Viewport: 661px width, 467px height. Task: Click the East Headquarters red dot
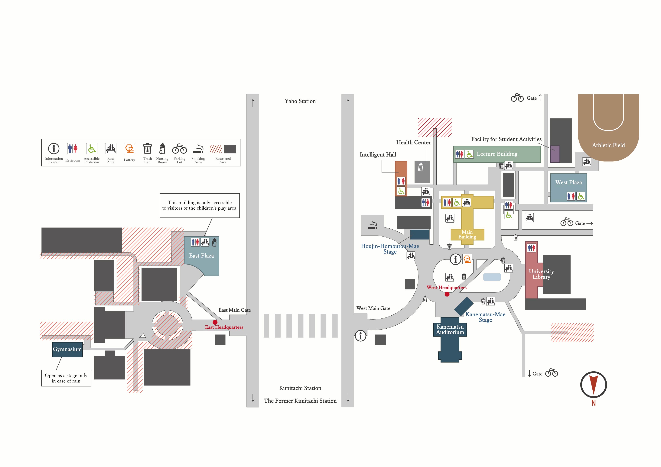tap(215, 322)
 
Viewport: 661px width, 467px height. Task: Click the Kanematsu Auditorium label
tap(450, 330)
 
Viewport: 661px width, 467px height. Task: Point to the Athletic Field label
tap(608, 145)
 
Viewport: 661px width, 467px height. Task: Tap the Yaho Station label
tap(300, 101)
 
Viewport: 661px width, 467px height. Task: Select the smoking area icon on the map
tap(373, 225)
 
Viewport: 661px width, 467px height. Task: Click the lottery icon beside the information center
tap(467, 259)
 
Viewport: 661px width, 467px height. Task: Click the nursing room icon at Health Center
tap(421, 167)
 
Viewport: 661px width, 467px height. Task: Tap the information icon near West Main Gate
tap(360, 336)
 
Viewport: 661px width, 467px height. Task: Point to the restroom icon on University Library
tap(531, 247)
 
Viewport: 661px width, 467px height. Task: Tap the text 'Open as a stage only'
tap(66, 375)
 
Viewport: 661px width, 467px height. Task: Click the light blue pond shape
tap(492, 277)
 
